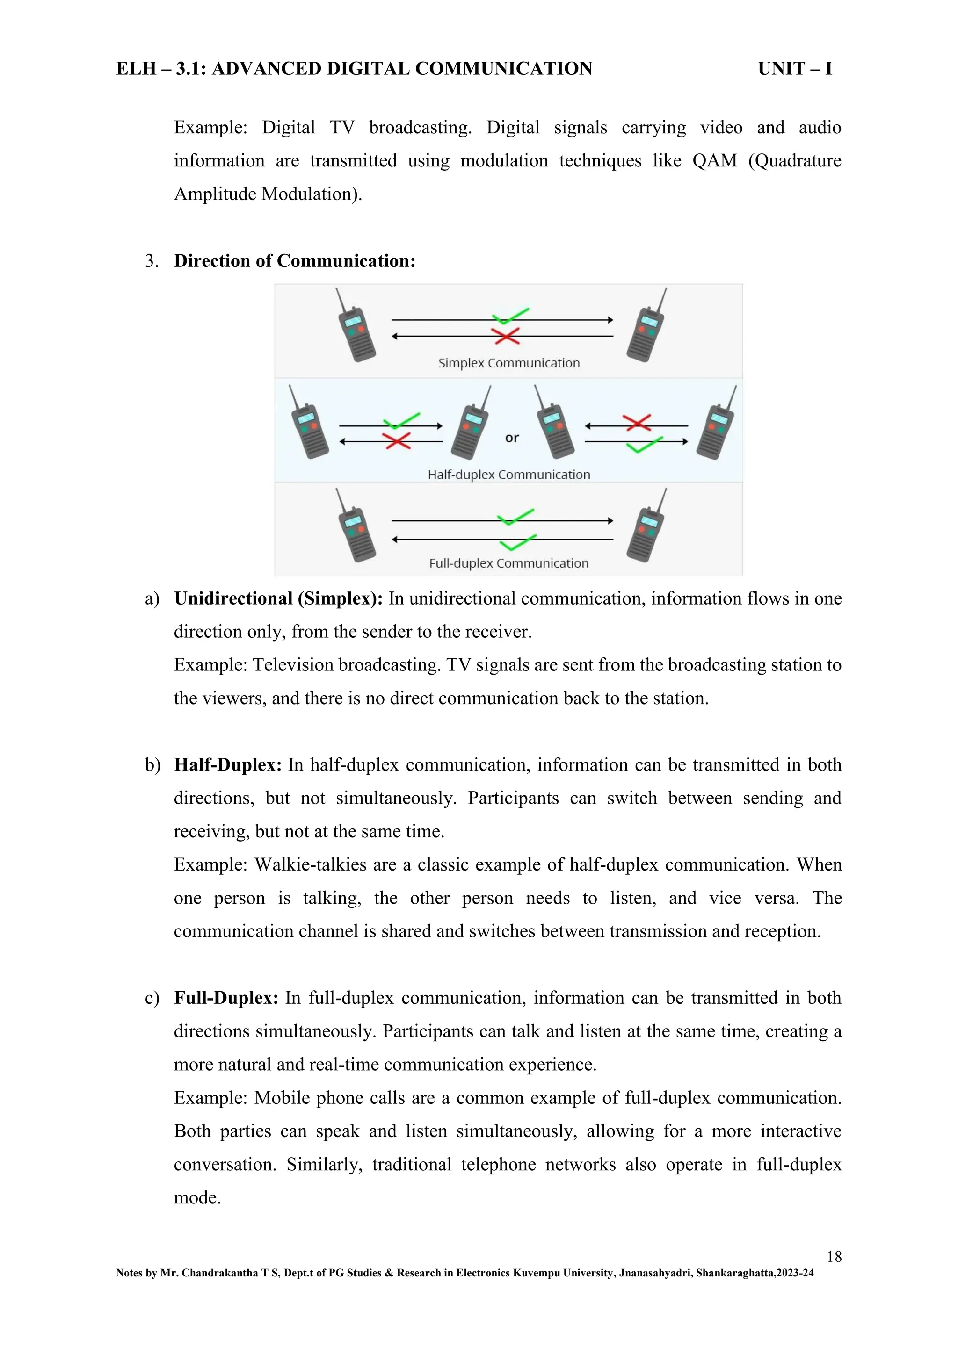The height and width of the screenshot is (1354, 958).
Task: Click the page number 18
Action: pos(834,1256)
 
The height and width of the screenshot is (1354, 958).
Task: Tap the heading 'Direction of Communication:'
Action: pos(295,261)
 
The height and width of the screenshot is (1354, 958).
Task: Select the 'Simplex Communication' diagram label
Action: pos(509,363)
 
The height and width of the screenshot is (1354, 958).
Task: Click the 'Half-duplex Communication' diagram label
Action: pos(509,475)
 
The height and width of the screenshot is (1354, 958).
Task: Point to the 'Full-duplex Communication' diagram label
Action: pos(509,563)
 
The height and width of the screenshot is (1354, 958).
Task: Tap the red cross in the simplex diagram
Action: pos(506,336)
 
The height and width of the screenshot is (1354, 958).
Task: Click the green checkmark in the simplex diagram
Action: pos(511,316)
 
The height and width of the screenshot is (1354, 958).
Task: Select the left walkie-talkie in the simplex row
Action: pos(356,325)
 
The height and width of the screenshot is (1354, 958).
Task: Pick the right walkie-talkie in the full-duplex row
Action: pos(646,526)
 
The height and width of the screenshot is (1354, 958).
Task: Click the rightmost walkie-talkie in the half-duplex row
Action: pos(717,423)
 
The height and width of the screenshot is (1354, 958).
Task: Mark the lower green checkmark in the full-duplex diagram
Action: pos(518,542)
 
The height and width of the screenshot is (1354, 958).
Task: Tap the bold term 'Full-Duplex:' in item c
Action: pos(226,998)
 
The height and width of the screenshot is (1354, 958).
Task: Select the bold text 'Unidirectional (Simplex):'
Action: pos(278,598)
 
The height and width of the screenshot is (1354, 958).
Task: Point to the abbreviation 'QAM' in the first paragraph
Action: pos(715,161)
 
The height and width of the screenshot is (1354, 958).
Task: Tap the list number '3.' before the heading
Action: pos(152,261)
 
